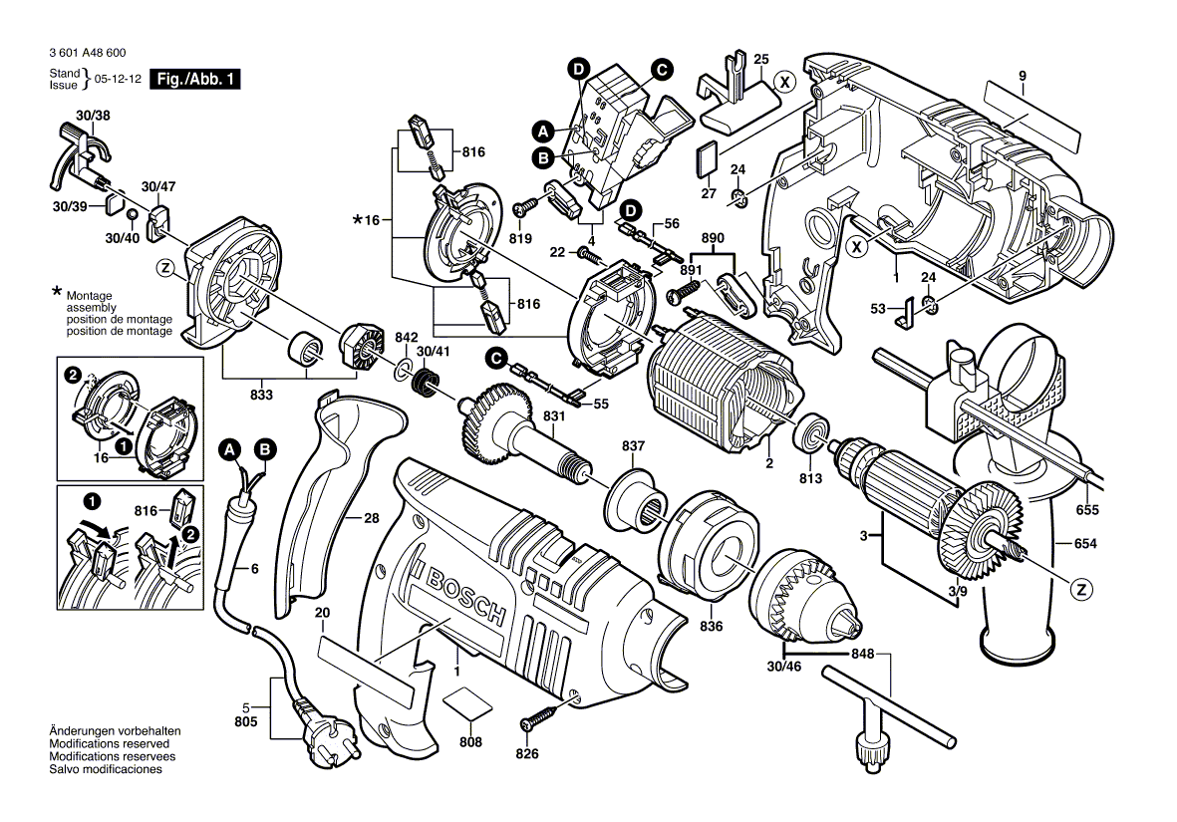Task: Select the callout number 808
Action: [470, 742]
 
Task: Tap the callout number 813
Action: [810, 479]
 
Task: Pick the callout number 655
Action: [1087, 510]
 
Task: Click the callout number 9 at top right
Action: [1023, 76]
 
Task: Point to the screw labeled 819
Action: [525, 207]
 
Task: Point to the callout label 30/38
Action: [87, 117]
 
